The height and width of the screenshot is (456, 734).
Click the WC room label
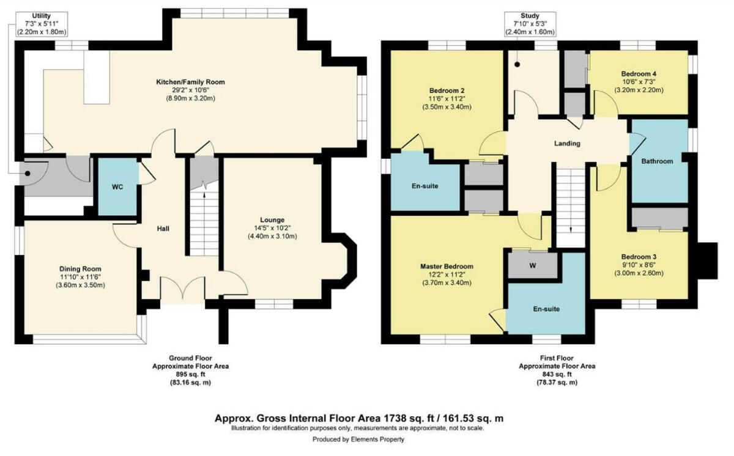(118, 187)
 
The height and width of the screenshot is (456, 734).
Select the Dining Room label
(80, 269)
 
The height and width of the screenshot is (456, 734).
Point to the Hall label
(162, 229)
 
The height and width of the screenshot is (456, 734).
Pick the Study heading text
(530, 15)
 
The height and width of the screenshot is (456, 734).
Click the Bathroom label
(657, 161)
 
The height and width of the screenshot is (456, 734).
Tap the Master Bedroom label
(447, 267)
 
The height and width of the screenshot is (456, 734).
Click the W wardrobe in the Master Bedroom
(532, 265)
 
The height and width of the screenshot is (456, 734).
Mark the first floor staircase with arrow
(570, 208)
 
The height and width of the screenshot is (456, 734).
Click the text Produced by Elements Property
(358, 439)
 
